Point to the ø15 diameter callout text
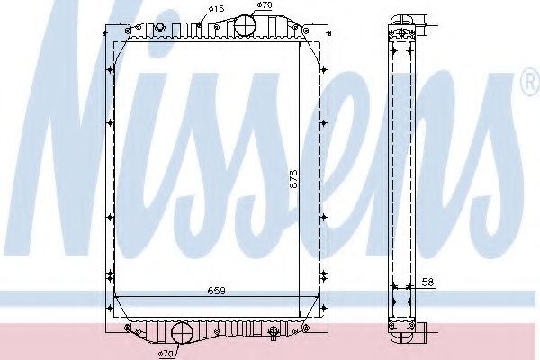(x=216, y=10)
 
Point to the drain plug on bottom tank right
(x=274, y=335)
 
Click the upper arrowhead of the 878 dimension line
(x=300, y=40)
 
